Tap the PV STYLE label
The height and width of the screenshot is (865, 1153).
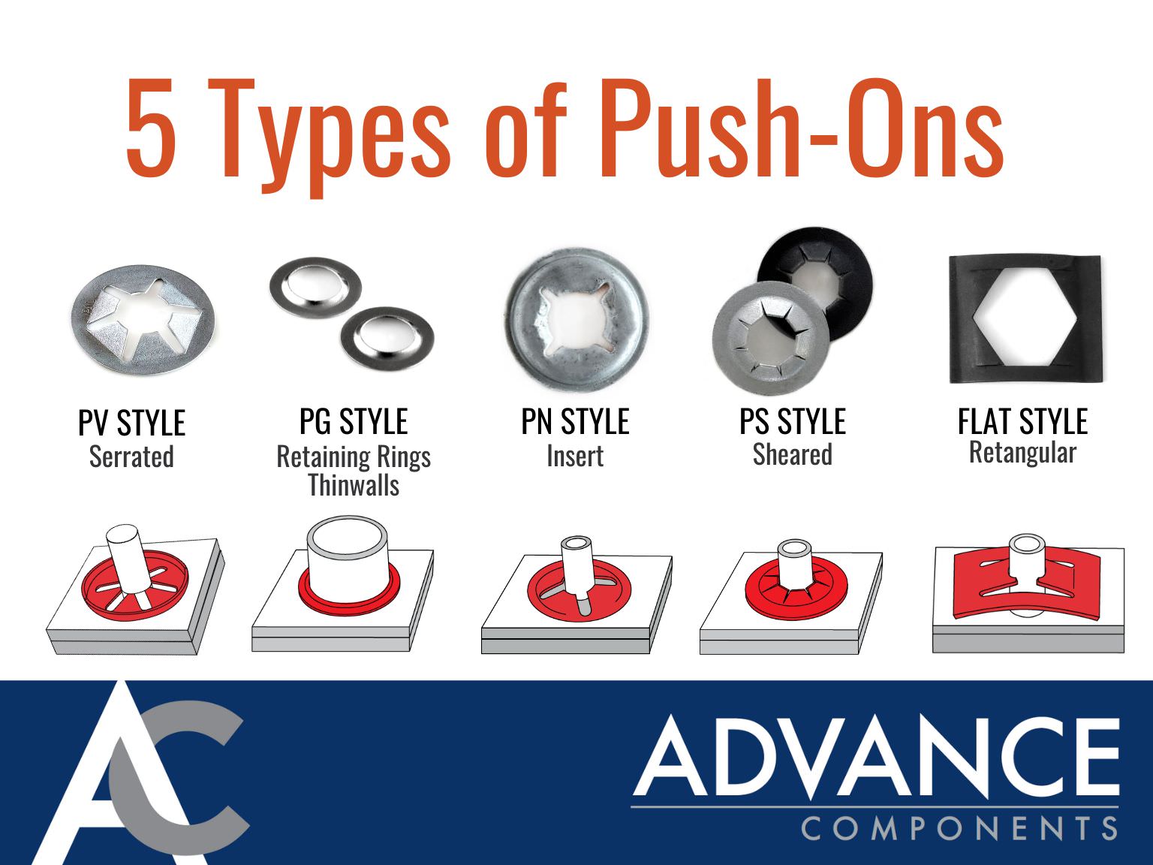(x=131, y=423)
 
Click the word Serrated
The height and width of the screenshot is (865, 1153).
(x=131, y=457)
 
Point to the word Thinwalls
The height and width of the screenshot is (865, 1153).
(x=354, y=486)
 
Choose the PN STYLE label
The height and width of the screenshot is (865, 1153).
(x=575, y=422)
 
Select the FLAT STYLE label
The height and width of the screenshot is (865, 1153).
(x=1022, y=421)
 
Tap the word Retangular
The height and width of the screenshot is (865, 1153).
(x=1022, y=453)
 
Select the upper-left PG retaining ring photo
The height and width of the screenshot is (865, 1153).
(x=315, y=289)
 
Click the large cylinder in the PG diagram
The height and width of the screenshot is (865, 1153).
(x=348, y=556)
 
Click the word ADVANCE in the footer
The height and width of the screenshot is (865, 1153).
(x=875, y=758)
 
